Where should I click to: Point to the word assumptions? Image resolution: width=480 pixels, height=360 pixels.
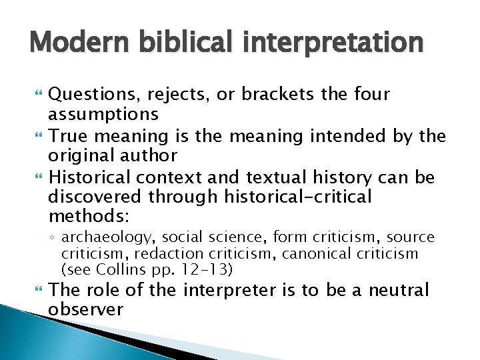[x=103, y=114]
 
